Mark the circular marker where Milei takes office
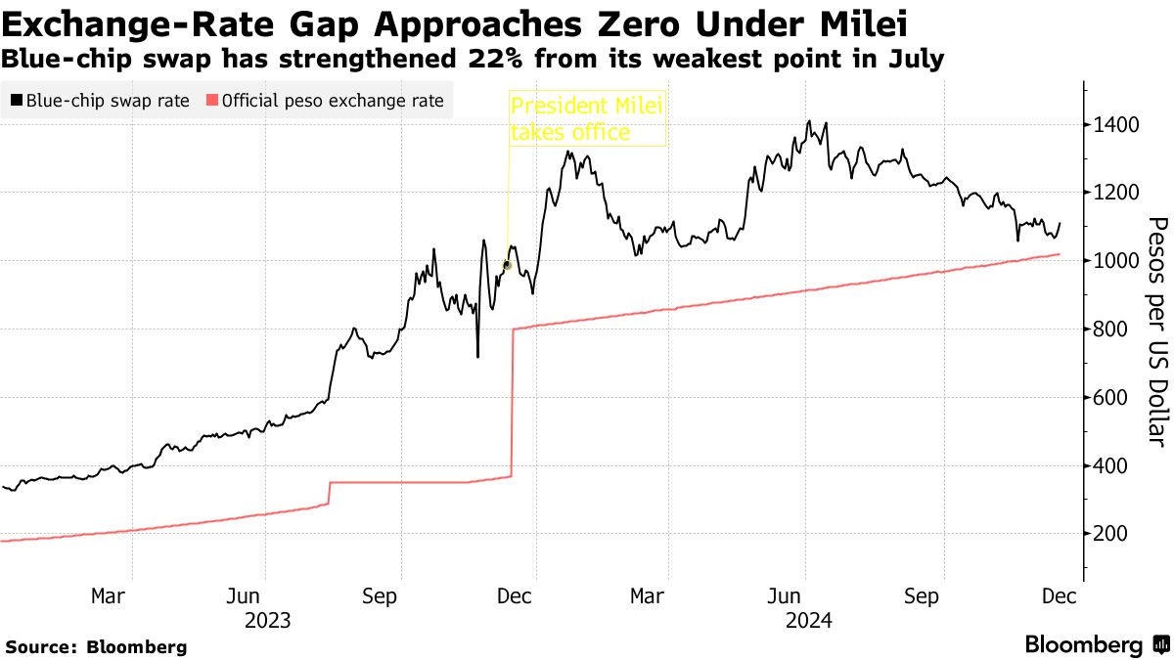click(x=507, y=265)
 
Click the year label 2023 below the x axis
click(x=268, y=620)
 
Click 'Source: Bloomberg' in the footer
click(x=96, y=646)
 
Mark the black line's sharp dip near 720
click(x=477, y=355)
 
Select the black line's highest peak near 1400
click(x=808, y=122)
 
